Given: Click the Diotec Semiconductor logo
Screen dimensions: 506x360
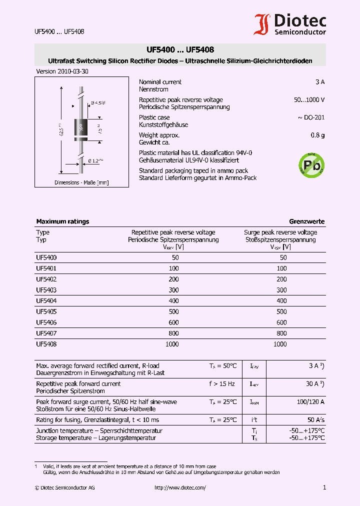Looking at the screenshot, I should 290,24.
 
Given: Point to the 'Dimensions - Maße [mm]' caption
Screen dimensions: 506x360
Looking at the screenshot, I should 81,182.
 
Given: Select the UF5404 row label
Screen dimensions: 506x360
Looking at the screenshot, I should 46,301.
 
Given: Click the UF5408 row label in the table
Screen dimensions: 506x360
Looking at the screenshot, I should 46,344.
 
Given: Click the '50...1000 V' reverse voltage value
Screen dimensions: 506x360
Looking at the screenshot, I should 309,100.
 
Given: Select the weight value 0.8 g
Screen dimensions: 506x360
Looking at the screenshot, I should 317,135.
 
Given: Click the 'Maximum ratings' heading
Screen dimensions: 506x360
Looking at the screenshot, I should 62,221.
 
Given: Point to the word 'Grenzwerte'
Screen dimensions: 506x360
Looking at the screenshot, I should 306,221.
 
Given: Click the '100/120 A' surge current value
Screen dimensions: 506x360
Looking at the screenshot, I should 310,402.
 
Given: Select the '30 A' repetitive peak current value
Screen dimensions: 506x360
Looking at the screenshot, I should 313,384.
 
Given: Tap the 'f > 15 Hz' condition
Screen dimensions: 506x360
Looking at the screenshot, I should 222,384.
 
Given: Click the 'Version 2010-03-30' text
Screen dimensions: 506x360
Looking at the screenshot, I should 62,71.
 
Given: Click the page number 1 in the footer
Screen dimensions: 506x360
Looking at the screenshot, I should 324,487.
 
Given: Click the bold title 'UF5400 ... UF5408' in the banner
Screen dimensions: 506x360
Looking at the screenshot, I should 180,50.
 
